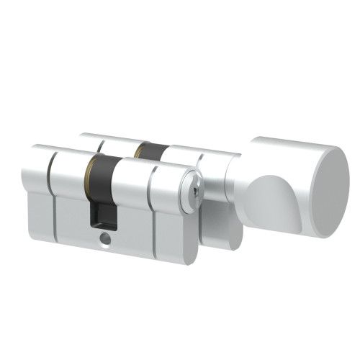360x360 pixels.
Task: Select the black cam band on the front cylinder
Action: click(102, 173)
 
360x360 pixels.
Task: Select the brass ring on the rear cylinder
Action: click(137, 150)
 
